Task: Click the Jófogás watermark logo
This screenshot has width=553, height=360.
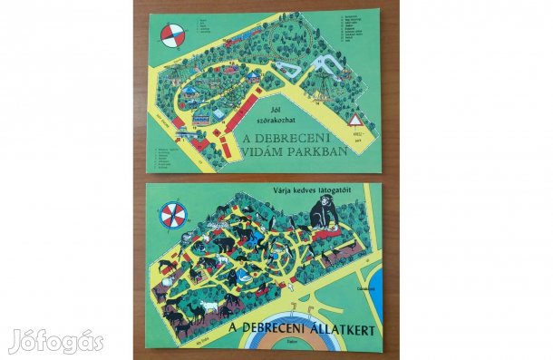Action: click(x=55, y=341)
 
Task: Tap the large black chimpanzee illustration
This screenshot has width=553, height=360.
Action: click(x=323, y=214)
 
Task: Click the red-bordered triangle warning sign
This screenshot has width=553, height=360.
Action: click(x=355, y=121)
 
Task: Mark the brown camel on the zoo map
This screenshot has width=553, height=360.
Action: click(x=179, y=324)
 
